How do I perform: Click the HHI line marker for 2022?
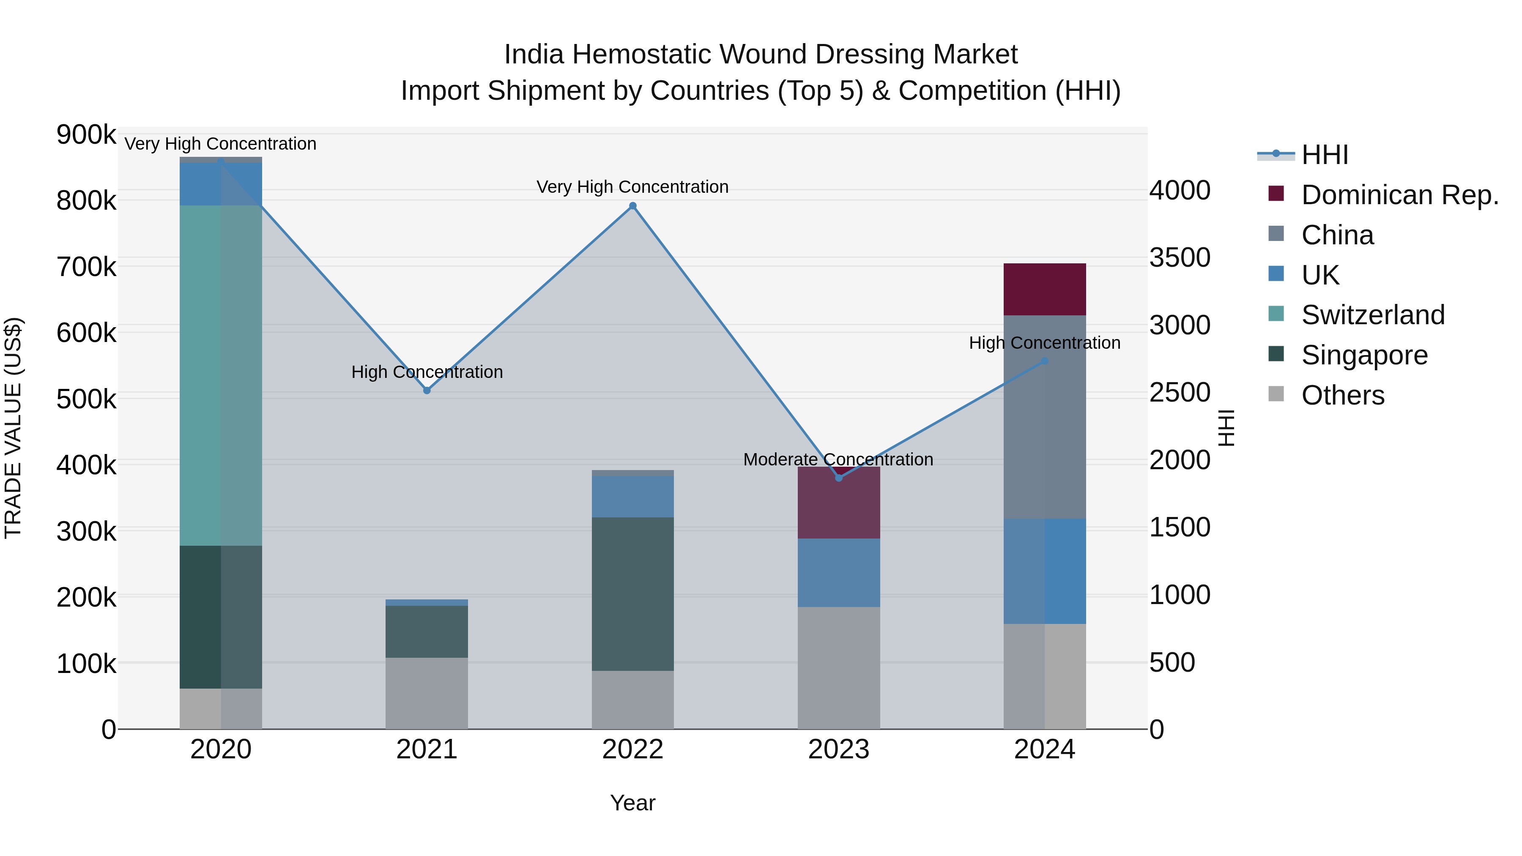click(633, 205)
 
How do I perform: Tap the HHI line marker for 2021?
click(427, 391)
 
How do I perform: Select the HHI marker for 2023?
click(838, 477)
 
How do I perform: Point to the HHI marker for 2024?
click(1045, 361)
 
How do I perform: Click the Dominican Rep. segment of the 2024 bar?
click(1045, 290)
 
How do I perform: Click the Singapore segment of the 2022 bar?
click(633, 594)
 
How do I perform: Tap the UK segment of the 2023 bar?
click(838, 572)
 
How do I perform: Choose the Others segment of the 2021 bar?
click(427, 692)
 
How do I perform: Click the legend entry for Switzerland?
click(1372, 315)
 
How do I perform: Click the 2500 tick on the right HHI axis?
click(1179, 393)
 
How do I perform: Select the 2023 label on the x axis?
click(838, 749)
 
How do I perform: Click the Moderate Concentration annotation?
click(838, 459)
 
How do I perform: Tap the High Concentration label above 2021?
click(427, 372)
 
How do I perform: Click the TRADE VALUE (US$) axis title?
click(13, 428)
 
